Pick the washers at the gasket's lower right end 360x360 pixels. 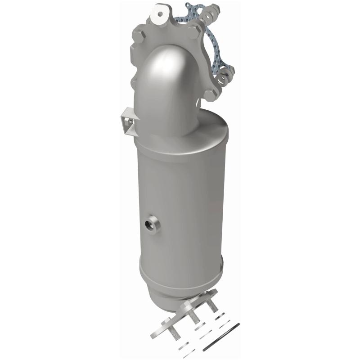point(224,78)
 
